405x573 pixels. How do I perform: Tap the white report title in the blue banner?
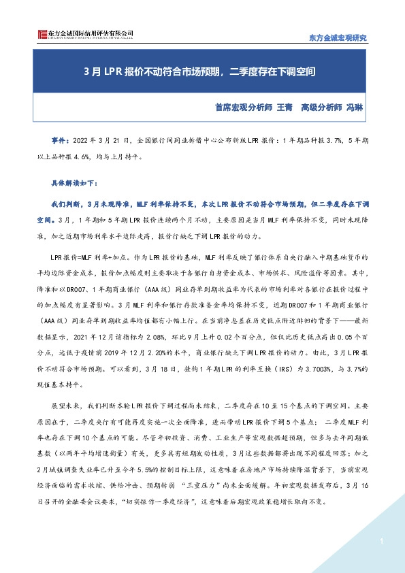tap(202, 70)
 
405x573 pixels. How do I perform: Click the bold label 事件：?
tap(61, 140)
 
